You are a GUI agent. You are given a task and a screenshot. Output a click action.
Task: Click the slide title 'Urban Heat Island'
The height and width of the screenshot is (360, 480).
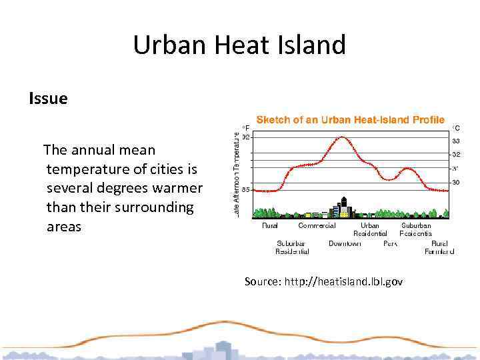[239, 45]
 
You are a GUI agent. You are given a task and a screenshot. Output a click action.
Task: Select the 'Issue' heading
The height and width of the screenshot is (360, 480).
[48, 99]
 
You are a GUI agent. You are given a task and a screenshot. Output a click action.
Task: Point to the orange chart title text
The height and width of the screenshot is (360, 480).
[350, 120]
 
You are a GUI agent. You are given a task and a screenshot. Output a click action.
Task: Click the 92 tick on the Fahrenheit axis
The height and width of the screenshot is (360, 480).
[246, 137]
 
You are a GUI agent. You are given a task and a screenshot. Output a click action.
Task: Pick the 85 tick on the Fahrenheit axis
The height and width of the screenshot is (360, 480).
[246, 190]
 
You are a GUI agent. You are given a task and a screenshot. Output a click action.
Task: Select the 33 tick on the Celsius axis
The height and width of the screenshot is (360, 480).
[456, 141]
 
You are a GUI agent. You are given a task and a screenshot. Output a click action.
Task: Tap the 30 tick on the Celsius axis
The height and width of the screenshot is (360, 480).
[456, 182]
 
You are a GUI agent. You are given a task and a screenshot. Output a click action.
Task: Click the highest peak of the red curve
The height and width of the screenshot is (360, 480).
[342, 137]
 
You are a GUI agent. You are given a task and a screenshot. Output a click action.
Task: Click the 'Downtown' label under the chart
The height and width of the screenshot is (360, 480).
[345, 243]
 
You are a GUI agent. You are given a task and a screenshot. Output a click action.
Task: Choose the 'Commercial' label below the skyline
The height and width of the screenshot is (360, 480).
[317, 225]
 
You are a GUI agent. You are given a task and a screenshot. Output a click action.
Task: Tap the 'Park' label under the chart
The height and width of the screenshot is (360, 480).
[390, 243]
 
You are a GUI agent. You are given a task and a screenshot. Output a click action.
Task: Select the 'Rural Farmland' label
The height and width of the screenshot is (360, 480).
[439, 247]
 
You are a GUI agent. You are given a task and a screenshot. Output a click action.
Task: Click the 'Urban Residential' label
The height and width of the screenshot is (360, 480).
[370, 229]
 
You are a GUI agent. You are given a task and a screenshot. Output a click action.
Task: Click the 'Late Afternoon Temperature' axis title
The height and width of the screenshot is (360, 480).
[238, 172]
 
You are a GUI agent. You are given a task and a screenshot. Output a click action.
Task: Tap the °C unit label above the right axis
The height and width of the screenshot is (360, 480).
[456, 127]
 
